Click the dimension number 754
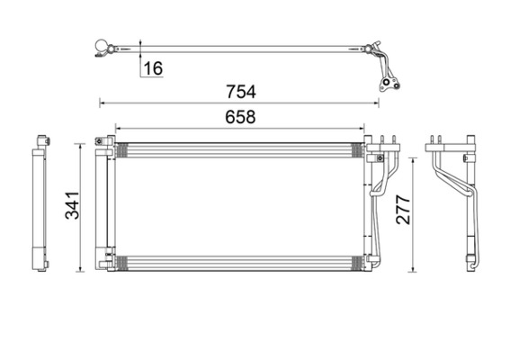[x=242, y=91]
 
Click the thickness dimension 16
[x=153, y=68]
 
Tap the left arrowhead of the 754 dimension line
[x=102, y=102]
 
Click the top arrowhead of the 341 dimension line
[x=82, y=142]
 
